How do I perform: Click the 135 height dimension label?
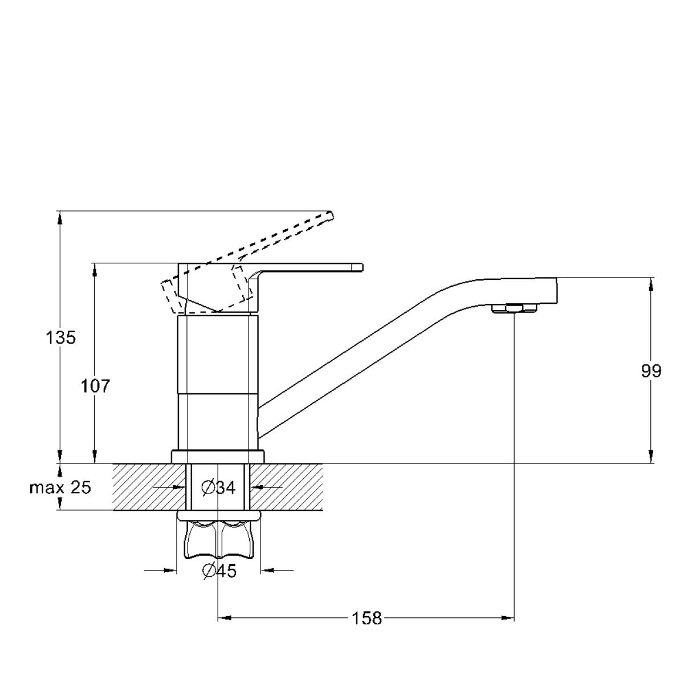(60, 337)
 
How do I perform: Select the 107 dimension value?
(96, 386)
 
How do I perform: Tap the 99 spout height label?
(651, 371)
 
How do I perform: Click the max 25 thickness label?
(60, 488)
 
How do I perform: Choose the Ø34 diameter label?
(218, 488)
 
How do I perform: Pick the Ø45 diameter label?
(219, 571)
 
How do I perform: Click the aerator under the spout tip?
(514, 309)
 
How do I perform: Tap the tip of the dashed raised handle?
(332, 215)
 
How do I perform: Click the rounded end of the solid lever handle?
(361, 268)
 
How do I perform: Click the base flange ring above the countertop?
(218, 457)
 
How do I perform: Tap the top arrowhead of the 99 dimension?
(651, 285)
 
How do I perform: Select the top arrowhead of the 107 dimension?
(95, 270)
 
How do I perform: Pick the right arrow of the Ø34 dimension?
(256, 487)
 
